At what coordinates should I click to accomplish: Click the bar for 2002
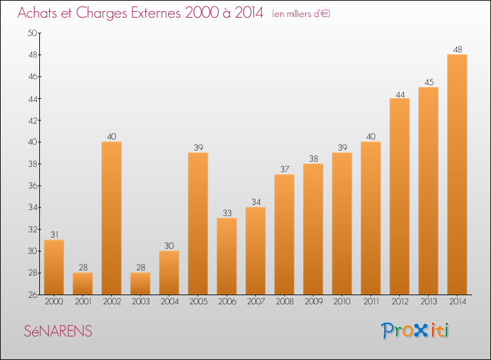tap(112, 218)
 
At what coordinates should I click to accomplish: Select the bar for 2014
tap(457, 175)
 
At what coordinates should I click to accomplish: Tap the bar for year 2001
tap(83, 283)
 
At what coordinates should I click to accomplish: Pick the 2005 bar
tap(198, 223)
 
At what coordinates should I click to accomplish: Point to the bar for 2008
tap(284, 234)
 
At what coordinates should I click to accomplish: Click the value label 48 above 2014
tap(458, 50)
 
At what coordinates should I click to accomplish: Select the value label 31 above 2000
tap(54, 235)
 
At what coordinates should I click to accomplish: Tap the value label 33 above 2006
tap(227, 213)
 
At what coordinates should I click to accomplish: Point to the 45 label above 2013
tap(429, 82)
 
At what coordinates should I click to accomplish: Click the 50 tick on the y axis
tap(33, 33)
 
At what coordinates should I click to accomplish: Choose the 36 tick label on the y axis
tap(33, 186)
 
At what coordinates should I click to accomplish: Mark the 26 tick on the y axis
tap(33, 295)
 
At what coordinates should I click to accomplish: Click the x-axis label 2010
tap(342, 302)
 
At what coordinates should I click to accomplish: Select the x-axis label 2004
tap(170, 302)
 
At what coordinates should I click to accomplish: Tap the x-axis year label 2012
tap(400, 302)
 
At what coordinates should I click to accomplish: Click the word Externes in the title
tap(156, 12)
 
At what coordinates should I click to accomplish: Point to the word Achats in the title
tap(37, 12)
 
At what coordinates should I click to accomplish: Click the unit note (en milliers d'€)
tap(301, 14)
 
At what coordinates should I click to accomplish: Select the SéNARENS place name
tap(58, 331)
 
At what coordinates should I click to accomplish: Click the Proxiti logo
tap(415, 331)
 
